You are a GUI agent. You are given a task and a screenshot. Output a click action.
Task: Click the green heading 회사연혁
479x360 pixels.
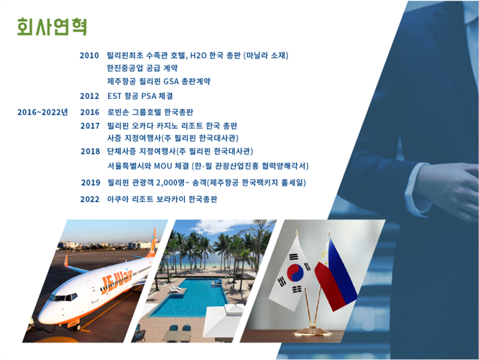tap(52, 27)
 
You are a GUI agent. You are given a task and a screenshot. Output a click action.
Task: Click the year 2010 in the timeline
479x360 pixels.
tap(89, 55)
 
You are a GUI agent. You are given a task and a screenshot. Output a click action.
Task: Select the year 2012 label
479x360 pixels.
tap(90, 96)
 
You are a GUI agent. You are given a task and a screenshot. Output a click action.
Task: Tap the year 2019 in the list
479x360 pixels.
tap(91, 182)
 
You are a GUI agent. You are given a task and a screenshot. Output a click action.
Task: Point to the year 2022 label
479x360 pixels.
tap(90, 199)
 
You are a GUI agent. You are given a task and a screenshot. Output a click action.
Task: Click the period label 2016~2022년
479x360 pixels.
tap(42, 112)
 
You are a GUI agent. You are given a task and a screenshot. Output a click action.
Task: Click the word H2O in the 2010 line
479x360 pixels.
tap(198, 55)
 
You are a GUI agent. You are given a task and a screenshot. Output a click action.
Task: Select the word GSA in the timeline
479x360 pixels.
tap(171, 82)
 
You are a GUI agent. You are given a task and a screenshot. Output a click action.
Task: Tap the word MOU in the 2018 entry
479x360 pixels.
tap(163, 166)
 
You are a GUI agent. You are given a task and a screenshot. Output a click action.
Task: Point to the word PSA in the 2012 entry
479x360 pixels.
tap(149, 96)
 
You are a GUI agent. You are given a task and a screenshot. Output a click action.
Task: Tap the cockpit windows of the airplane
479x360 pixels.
tap(64, 297)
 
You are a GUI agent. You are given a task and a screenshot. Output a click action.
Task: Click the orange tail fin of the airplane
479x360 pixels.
tap(152, 243)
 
